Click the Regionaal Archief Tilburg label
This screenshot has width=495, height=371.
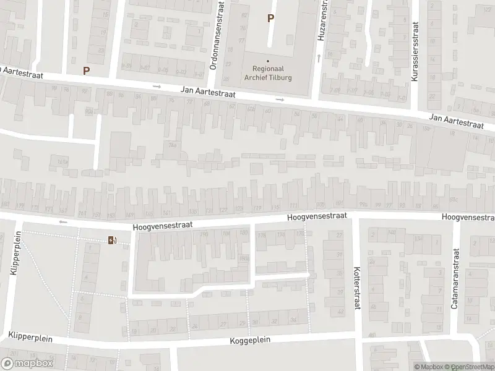click(268, 74)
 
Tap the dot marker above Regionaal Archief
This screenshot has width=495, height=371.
click(268, 61)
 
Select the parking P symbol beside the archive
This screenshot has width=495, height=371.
click(270, 19)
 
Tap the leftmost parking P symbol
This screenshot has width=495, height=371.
click(86, 70)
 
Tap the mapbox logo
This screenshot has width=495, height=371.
click(28, 364)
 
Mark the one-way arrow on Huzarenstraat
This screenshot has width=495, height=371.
click(319, 58)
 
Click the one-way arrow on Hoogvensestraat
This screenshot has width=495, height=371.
click(62, 221)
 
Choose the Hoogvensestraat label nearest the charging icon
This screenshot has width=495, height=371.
click(161, 227)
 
